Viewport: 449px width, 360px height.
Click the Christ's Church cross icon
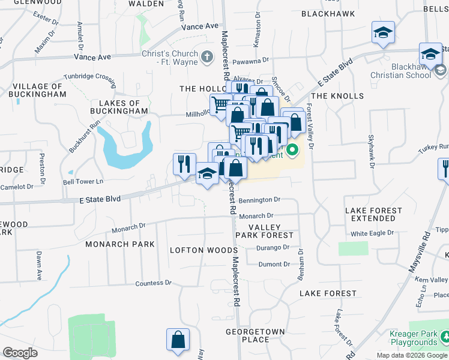click(207, 58)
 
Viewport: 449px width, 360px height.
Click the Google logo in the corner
click(20, 352)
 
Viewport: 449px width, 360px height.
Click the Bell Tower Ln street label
click(83, 181)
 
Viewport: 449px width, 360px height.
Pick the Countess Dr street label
click(154, 283)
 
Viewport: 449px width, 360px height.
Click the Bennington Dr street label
click(259, 200)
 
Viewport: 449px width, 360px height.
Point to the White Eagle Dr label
click(373, 234)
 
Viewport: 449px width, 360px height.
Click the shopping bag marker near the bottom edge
click(178, 340)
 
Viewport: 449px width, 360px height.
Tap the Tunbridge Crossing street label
click(90, 77)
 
